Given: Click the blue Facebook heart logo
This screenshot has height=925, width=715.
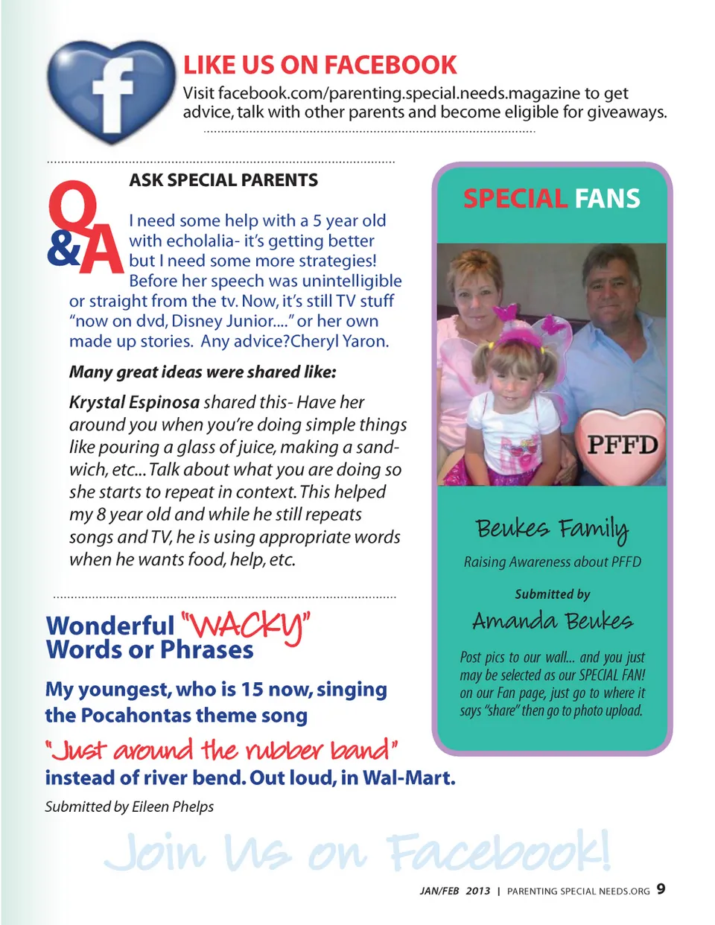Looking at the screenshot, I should (x=112, y=91).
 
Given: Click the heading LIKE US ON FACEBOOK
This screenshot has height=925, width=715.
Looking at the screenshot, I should (x=320, y=66).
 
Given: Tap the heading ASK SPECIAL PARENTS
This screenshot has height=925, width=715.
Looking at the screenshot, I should (x=223, y=180).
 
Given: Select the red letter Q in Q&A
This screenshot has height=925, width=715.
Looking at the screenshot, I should (x=72, y=209).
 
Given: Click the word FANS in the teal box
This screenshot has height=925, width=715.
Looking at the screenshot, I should (x=607, y=199).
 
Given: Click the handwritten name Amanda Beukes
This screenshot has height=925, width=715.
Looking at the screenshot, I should (x=552, y=621).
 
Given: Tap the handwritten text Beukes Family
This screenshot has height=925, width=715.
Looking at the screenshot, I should (x=552, y=528).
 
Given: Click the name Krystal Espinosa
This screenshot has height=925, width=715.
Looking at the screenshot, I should (x=134, y=402).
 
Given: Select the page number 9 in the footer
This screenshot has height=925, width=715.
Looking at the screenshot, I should (x=661, y=889).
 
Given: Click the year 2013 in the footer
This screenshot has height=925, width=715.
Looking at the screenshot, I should (x=478, y=891).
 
